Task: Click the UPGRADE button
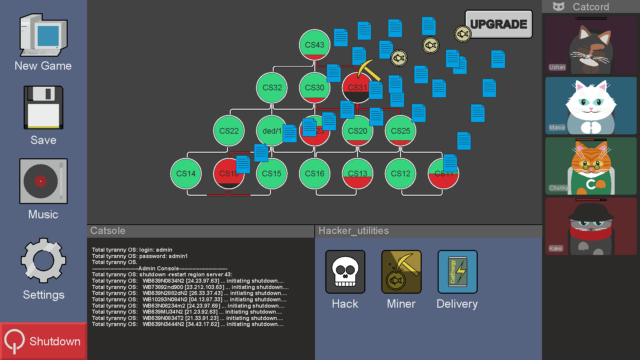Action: click(499, 24)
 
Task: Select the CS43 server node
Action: click(314, 45)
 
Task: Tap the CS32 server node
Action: click(272, 88)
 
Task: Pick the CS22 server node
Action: click(229, 131)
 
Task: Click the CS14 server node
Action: click(186, 174)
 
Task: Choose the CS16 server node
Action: click(314, 174)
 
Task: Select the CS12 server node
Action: click(400, 174)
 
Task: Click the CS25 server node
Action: click(400, 131)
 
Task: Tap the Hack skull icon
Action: click(345, 272)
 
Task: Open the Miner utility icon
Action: click(401, 272)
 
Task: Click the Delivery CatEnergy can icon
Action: click(457, 272)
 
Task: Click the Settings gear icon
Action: click(43, 260)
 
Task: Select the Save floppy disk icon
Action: click(43, 107)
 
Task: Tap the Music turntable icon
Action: click(43, 181)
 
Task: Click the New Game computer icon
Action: click(43, 35)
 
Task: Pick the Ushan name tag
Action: click(557, 67)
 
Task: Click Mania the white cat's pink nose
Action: click(591, 109)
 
